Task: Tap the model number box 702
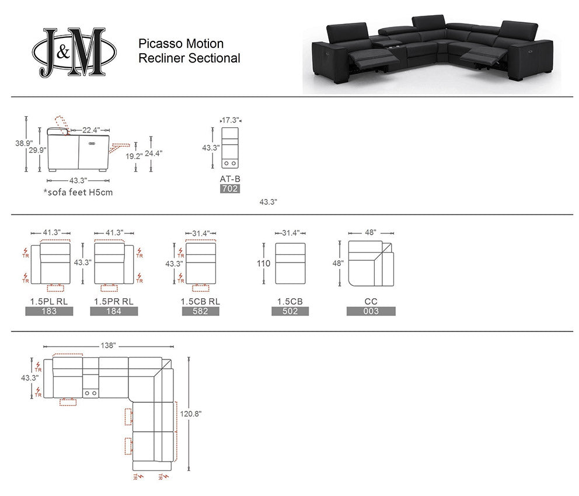pos(230,188)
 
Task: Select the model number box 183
pos(49,311)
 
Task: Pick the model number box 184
pos(114,311)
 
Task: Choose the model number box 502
pos(289,311)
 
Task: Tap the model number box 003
pos(371,311)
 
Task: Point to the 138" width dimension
pos(108,345)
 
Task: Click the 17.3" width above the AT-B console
pos(230,120)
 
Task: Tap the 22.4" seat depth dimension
pos(91,130)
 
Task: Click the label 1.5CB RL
pos(200,301)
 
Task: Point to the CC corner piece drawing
pos(371,263)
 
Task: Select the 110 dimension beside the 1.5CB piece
pos(263,263)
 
